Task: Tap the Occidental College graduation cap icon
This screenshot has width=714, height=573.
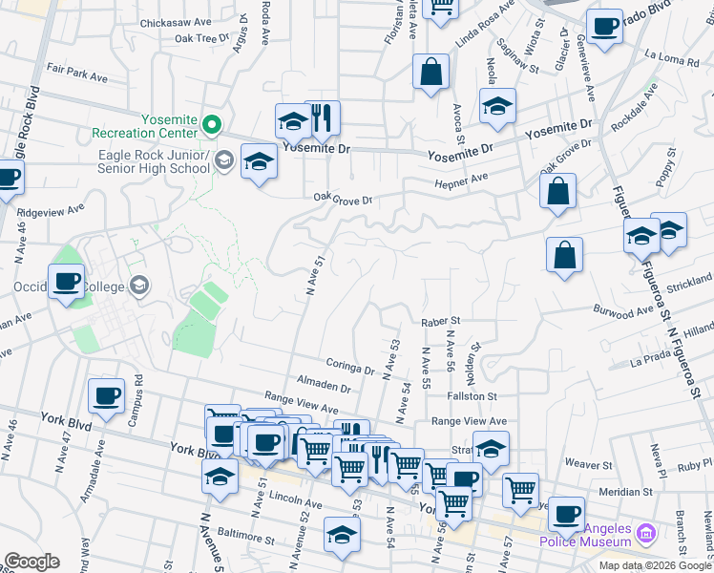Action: [140, 286]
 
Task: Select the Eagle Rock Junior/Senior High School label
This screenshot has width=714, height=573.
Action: [153, 161]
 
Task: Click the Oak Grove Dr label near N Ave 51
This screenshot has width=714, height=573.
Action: [342, 200]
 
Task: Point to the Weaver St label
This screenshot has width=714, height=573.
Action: [587, 464]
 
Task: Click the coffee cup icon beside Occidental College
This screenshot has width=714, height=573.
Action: [67, 281]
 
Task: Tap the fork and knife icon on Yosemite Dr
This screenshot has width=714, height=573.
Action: [323, 118]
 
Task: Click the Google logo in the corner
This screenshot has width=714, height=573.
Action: [31, 562]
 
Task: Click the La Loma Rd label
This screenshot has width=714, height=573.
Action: [672, 60]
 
